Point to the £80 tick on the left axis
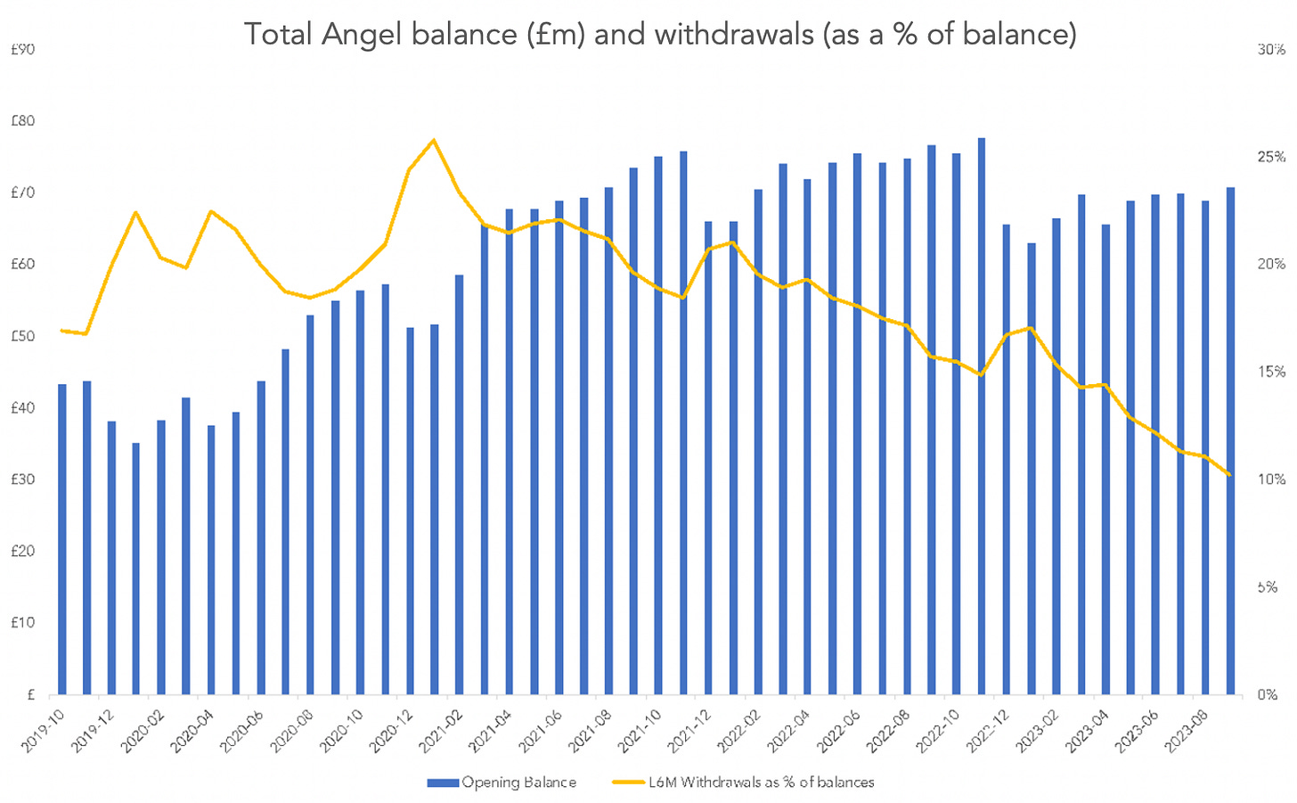click(x=22, y=121)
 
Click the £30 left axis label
click(x=22, y=479)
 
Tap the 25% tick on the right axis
click(x=1271, y=157)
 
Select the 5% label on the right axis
click(x=1268, y=587)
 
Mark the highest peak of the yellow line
click(x=433, y=140)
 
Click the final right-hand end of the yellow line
click(x=1229, y=475)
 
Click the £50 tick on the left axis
click(x=22, y=336)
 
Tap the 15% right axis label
click(x=1271, y=372)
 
